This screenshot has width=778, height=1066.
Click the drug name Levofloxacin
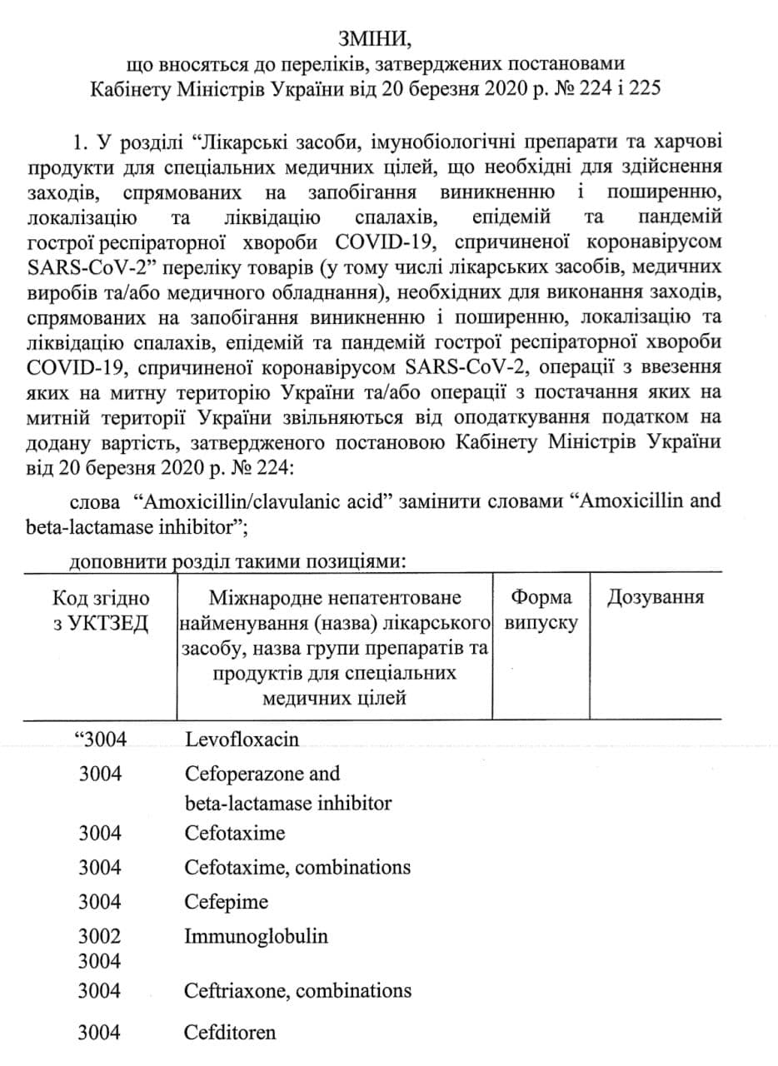point(242,740)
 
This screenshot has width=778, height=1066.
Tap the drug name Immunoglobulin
point(257,936)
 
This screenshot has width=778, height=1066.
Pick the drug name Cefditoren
point(230,1034)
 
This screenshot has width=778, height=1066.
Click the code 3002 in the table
point(100,936)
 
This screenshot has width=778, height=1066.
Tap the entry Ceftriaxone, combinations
point(297,991)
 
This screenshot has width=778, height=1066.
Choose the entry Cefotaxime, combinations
point(297,867)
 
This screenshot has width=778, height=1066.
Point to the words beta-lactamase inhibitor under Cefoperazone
point(288,804)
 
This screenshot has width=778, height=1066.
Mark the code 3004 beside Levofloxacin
point(100,740)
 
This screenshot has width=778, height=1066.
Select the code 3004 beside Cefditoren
point(100,1034)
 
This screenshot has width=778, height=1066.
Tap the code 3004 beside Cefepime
point(100,902)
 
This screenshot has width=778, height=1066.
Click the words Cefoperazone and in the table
point(262,774)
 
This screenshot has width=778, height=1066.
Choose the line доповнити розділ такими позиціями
point(237,561)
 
